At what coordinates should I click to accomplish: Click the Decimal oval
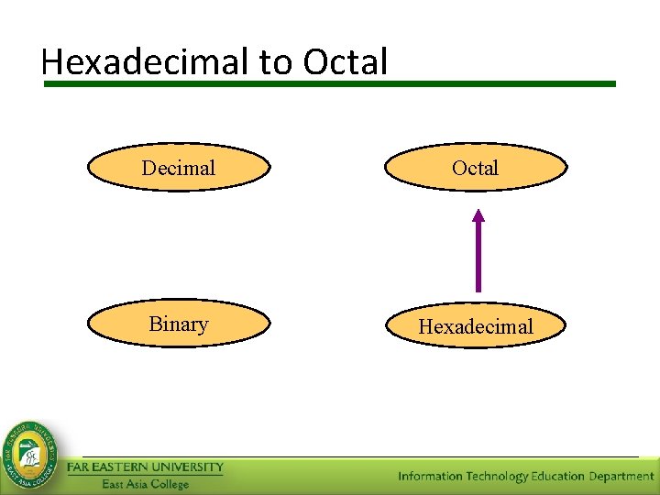(179, 168)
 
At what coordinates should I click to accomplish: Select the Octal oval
(475, 168)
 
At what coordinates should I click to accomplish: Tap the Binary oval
(179, 324)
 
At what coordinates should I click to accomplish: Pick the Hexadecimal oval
(475, 326)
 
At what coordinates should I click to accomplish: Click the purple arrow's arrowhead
(478, 216)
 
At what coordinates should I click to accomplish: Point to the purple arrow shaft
(478, 261)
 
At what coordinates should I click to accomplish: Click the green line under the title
(330, 83)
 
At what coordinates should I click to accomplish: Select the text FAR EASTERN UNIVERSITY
(145, 467)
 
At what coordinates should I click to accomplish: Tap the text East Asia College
(145, 484)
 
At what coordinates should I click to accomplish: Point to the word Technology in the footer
(498, 476)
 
